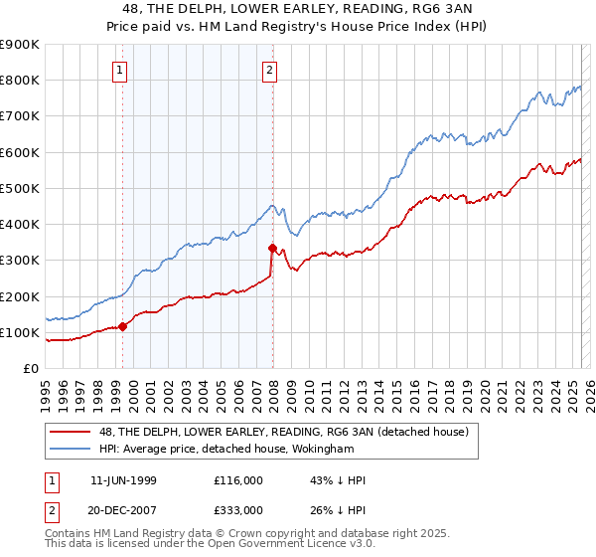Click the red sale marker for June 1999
click(123, 325)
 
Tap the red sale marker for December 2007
click(272, 248)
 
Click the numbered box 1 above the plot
click(119, 70)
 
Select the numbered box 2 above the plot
click(269, 70)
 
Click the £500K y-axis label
click(20, 188)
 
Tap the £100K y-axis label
click(20, 332)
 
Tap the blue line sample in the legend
click(72, 448)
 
